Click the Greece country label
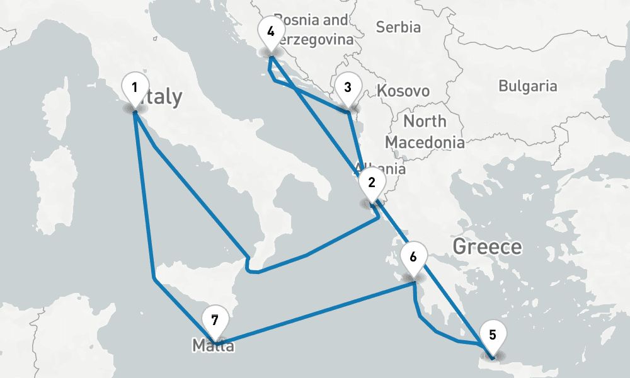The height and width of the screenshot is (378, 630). pyautogui.click(x=487, y=246)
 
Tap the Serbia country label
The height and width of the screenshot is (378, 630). pyautogui.click(x=398, y=27)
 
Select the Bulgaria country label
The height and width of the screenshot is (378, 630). pyautogui.click(x=527, y=86)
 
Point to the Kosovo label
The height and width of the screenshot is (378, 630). pyautogui.click(x=403, y=91)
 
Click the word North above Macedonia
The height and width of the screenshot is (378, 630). pyautogui.click(x=425, y=121)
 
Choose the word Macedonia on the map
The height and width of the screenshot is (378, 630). pyautogui.click(x=425, y=142)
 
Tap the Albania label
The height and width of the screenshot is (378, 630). pyautogui.click(x=382, y=169)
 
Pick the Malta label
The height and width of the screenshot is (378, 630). pyautogui.click(x=213, y=345)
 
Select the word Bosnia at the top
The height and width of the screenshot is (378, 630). pyautogui.click(x=302, y=20)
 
